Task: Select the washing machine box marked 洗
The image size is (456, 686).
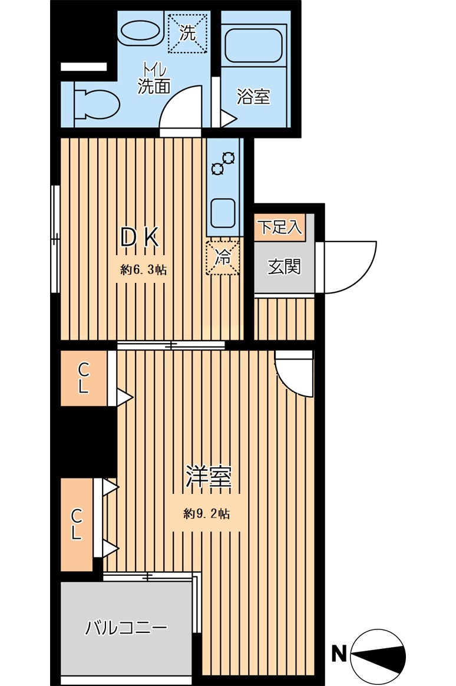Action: pos(187,33)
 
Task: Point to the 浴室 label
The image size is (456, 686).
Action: pos(253,96)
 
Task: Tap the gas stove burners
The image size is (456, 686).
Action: pos(223,163)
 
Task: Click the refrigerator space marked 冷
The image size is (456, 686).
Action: pos(223,257)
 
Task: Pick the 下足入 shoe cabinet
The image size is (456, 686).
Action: pos(280,227)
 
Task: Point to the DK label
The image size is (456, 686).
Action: pos(140,238)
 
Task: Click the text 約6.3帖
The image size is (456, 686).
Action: pos(143,269)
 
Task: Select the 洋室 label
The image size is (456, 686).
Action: pos(208,477)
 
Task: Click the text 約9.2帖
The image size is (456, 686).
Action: pos(206,513)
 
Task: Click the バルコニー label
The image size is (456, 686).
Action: pos(126,628)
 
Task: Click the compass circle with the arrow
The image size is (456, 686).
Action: pos(378,657)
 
